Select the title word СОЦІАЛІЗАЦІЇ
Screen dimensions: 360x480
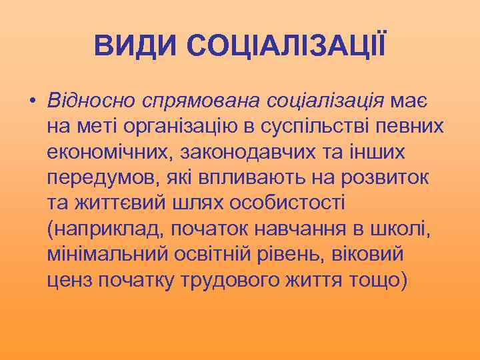click(x=285, y=46)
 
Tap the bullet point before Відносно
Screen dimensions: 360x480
click(x=31, y=102)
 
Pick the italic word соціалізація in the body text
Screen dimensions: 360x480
click(x=325, y=101)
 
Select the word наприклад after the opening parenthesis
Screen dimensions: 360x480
click(x=108, y=230)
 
